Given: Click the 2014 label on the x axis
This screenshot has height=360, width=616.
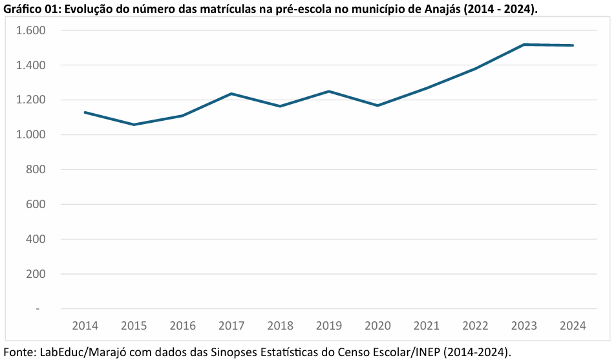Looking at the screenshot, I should click(x=85, y=326).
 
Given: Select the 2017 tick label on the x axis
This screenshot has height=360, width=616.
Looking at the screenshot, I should click(x=231, y=326).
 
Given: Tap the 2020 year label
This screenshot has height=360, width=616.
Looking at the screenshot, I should click(x=377, y=326).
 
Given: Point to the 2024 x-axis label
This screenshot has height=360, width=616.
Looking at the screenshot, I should click(x=573, y=326).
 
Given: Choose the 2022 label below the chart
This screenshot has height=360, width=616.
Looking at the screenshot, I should click(x=475, y=326).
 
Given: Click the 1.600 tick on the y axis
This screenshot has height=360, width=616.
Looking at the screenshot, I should click(x=31, y=30).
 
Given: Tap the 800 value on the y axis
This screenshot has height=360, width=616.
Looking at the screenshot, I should click(x=35, y=169).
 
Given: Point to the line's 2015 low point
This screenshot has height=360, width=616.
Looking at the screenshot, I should click(x=134, y=125).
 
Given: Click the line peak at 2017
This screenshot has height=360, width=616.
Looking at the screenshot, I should click(x=231, y=94).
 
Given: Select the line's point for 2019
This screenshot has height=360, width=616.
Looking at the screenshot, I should click(x=329, y=91).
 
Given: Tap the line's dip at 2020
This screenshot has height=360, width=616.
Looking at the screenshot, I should click(x=377, y=105).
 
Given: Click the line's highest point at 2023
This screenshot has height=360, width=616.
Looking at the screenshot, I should click(x=524, y=45).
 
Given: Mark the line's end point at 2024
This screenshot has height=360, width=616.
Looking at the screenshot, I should click(x=573, y=45).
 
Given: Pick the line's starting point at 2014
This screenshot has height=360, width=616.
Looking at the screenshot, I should click(x=85, y=112).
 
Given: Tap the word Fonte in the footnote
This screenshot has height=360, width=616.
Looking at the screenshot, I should click(x=19, y=352).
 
